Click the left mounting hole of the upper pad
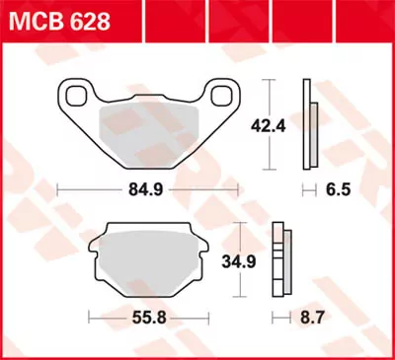coord(74,95)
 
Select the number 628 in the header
coord(85,21)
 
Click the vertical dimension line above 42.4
coord(269,94)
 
